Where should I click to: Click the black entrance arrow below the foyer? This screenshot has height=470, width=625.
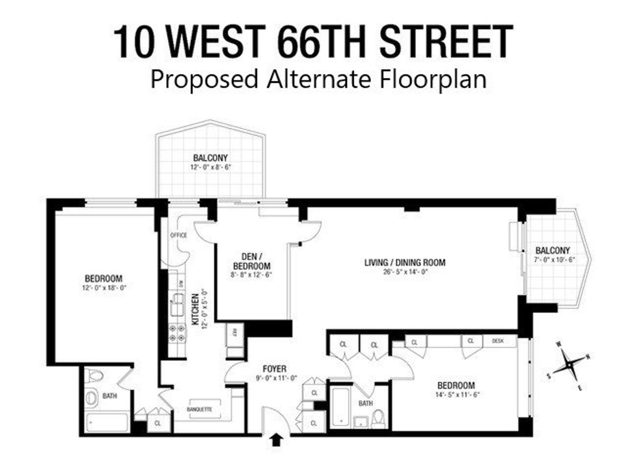(277, 440)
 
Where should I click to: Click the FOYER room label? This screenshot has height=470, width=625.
(276, 369)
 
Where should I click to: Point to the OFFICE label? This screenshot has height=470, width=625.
(179, 235)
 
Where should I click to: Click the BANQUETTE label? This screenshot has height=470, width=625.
(199, 409)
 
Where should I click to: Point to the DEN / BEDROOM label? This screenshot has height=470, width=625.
(251, 260)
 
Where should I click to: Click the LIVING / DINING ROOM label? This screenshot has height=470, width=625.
(405, 262)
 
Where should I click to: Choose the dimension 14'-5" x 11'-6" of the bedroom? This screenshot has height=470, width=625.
(456, 395)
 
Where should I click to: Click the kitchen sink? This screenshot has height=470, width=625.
(178, 303)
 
